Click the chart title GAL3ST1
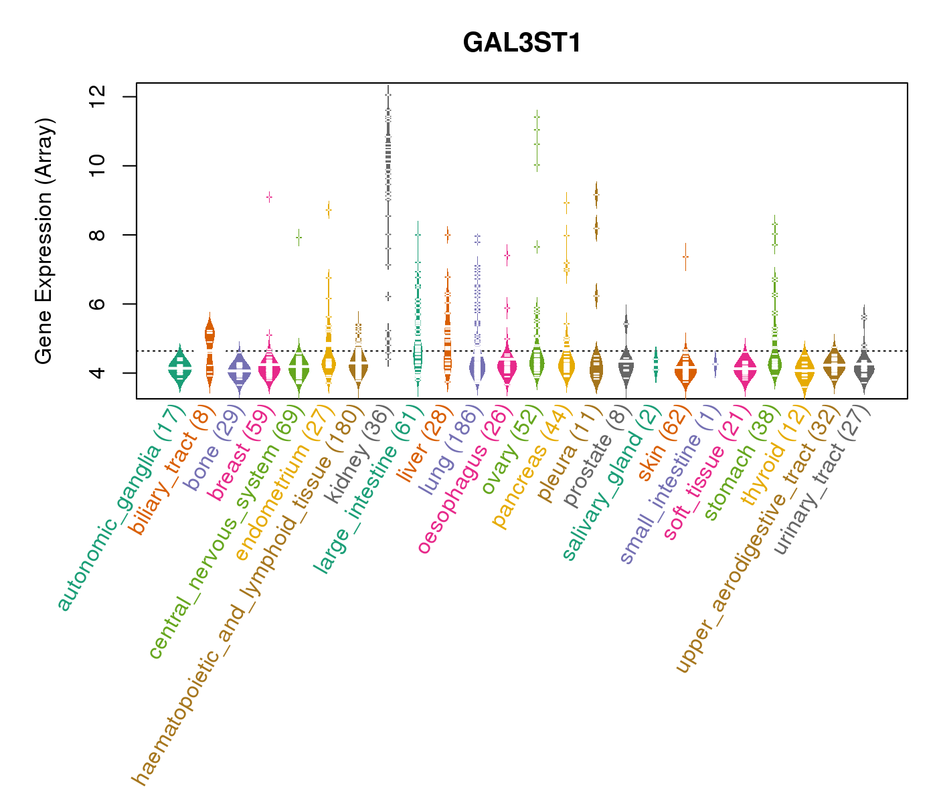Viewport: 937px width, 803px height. point(521,43)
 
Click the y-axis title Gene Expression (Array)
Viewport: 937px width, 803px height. point(44,241)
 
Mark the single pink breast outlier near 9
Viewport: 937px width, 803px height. point(269,197)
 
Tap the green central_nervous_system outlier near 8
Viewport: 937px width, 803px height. point(299,237)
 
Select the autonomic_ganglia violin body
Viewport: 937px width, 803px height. point(179,368)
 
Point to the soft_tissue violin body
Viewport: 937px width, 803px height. point(745,368)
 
